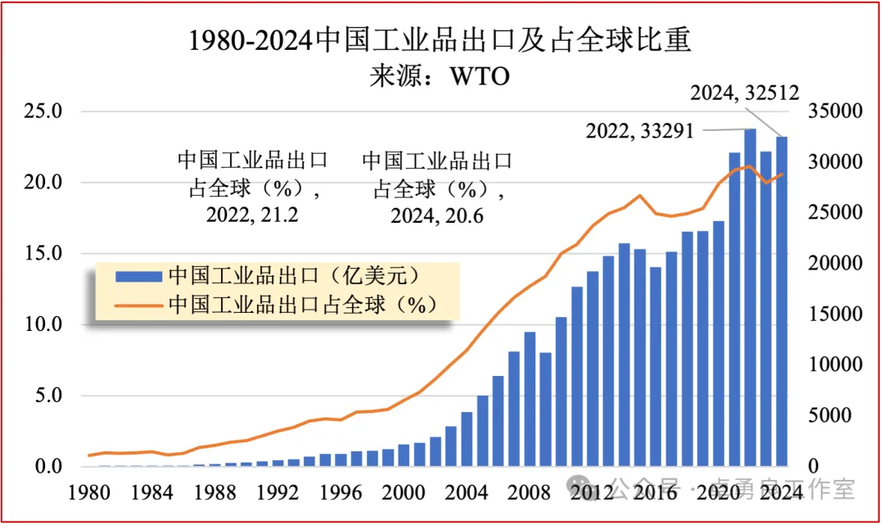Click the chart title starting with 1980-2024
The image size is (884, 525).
pos(441,40)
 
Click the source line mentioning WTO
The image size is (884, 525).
pos(440,76)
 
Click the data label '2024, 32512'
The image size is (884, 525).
pos(744,93)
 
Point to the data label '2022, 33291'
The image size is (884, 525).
pos(640,129)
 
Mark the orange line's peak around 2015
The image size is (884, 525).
pos(640,196)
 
